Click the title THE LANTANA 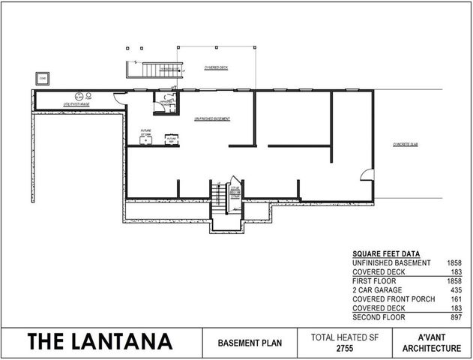(100, 342)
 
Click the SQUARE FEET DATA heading (385, 254)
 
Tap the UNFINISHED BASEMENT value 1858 (463, 263)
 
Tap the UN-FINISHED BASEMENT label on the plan (211, 119)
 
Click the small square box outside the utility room (42, 77)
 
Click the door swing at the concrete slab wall (367, 175)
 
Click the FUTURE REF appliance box (172, 139)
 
